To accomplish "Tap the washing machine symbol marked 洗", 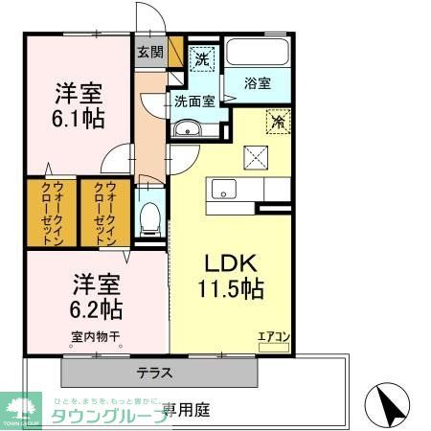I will click(201, 58).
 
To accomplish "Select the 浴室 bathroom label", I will click(259, 84).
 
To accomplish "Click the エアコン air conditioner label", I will click(272, 335).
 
